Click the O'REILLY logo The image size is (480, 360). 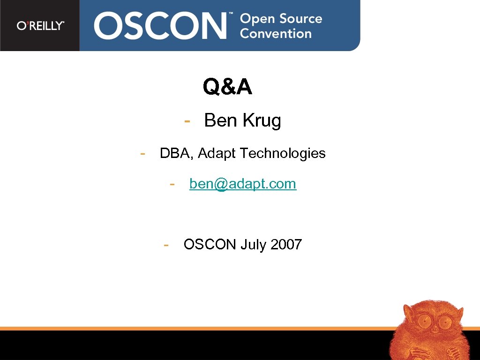pos(40,26)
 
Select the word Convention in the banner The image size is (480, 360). pos(276,34)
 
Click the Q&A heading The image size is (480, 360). pos(227,87)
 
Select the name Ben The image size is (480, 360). pos(221,121)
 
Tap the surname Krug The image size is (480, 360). pos(262,121)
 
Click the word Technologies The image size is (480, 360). pos(283,154)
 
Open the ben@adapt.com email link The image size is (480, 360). pos(243,184)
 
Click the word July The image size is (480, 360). pos(253,245)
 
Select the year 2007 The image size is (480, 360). pos(286,245)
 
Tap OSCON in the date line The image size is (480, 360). pos(210,245)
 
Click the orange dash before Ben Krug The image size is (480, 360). pos(187,121)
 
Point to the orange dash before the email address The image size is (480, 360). pos(172,183)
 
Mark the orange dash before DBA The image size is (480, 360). pos(143,153)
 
